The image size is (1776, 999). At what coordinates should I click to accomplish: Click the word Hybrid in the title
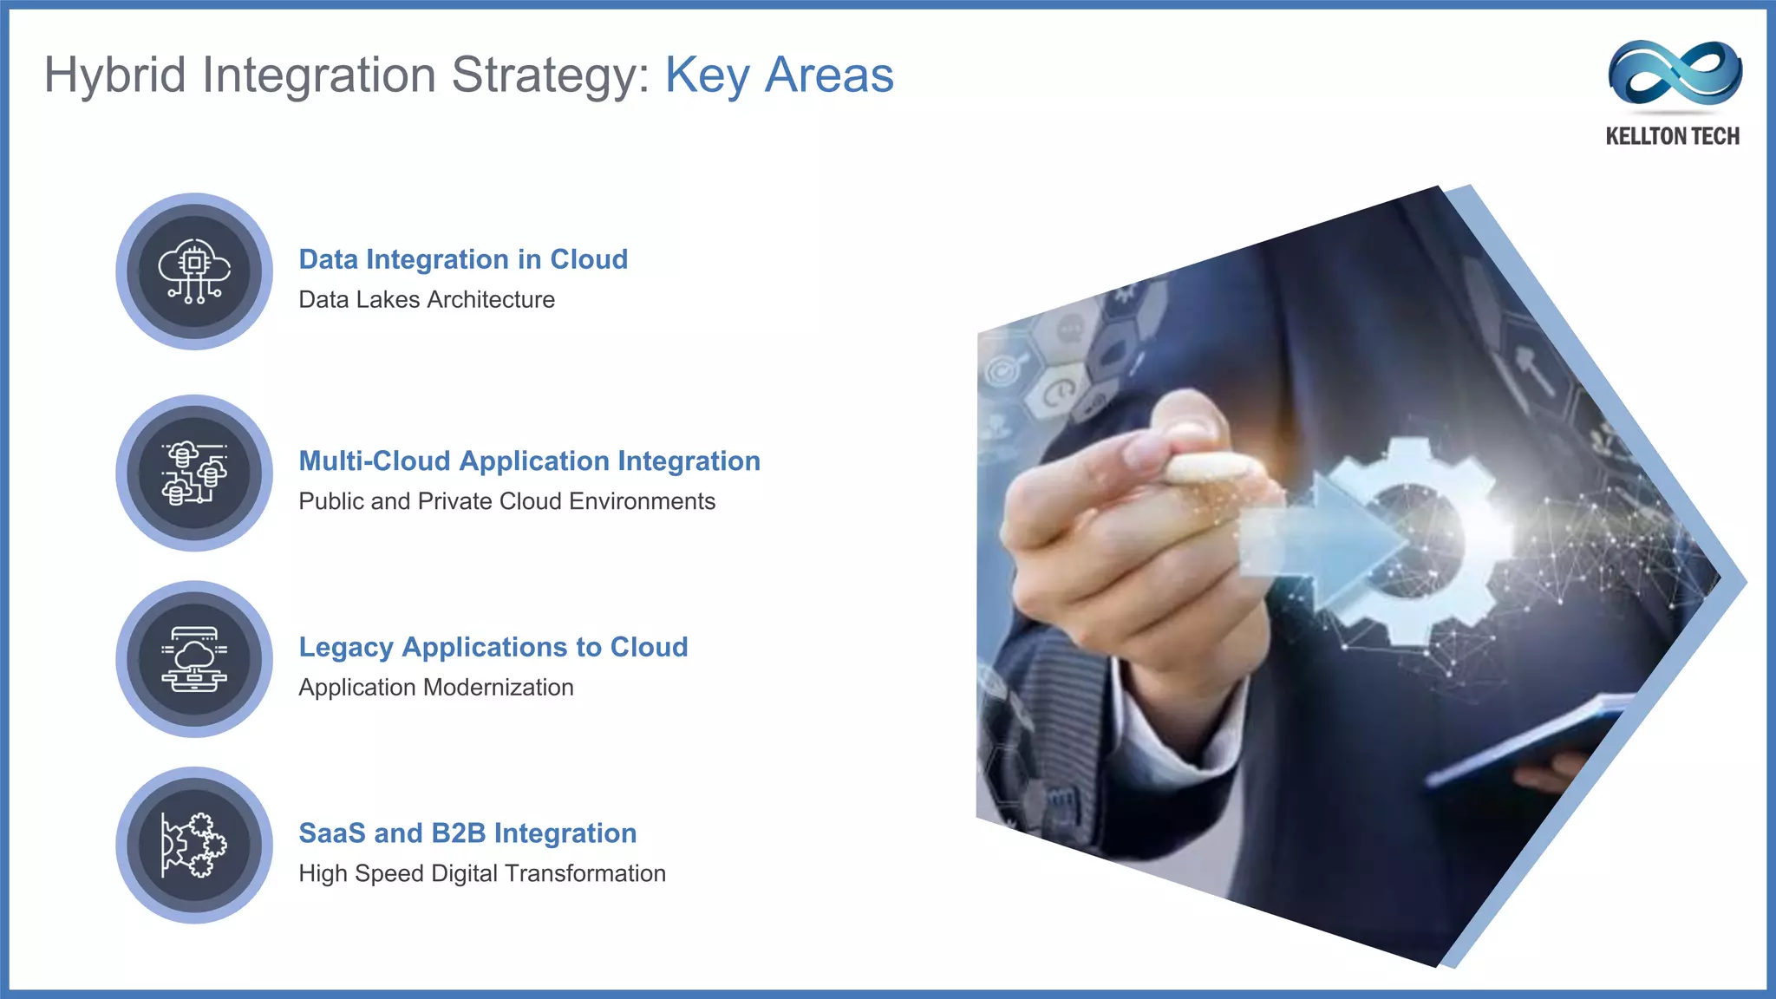coord(115,75)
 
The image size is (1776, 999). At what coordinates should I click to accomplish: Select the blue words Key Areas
coord(779,75)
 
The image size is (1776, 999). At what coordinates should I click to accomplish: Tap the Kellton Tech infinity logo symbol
coord(1675,73)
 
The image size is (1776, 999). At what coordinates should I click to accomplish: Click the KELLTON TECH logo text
coord(1672,136)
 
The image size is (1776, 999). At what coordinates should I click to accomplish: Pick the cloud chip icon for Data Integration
coord(194,271)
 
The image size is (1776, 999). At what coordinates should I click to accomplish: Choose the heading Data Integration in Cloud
coord(463,259)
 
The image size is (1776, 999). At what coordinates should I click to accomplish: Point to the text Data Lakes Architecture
coord(427,300)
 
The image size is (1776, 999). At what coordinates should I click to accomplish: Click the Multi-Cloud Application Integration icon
coord(194,473)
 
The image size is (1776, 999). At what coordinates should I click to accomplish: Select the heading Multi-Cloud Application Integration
coord(529,461)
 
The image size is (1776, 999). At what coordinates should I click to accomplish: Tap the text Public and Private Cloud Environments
coord(506,502)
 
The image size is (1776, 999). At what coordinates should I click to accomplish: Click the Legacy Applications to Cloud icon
coord(194,659)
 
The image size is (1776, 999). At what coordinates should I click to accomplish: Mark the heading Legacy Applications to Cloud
coord(493,647)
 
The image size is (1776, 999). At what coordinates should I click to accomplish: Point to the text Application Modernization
coord(435,688)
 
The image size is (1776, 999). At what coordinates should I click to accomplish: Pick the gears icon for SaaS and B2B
coord(194,845)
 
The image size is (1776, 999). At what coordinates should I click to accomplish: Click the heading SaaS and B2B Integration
coord(467,833)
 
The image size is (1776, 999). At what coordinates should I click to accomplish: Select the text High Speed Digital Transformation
coord(482,874)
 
